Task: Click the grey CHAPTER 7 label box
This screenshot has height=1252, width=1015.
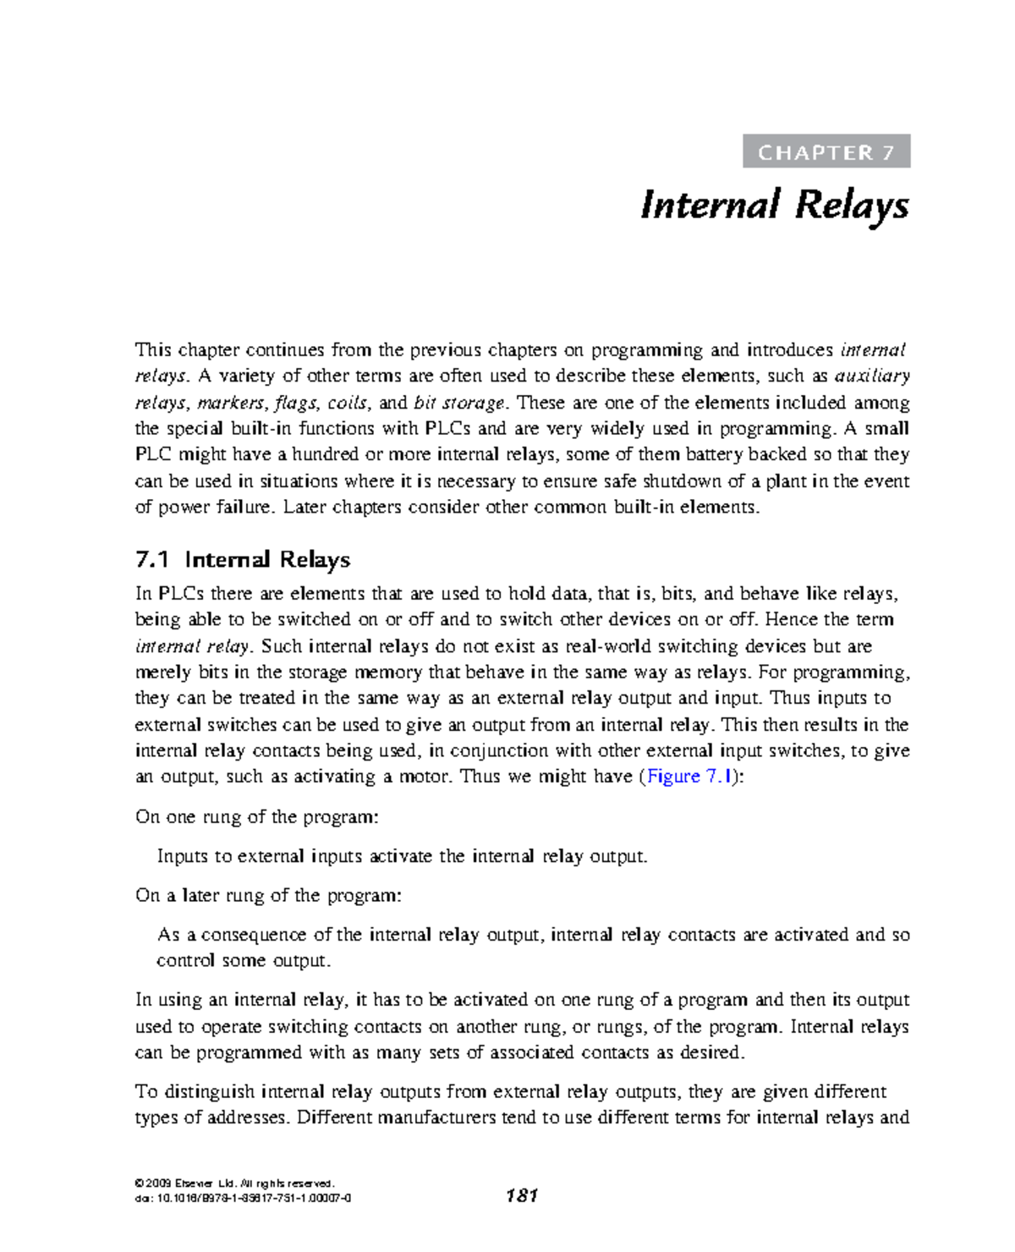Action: [x=826, y=151]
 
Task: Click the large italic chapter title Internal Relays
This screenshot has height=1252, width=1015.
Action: [x=774, y=206]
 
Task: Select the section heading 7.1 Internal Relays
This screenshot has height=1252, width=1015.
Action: [x=243, y=559]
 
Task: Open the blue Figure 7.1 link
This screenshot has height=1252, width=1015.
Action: [x=689, y=777]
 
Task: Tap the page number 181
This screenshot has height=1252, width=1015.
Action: [x=521, y=1195]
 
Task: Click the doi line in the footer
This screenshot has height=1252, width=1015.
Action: [x=243, y=1198]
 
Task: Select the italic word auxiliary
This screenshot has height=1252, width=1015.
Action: [x=872, y=376]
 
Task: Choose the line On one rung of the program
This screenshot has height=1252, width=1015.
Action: [x=257, y=817]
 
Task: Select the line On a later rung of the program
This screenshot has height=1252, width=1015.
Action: [x=268, y=896]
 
